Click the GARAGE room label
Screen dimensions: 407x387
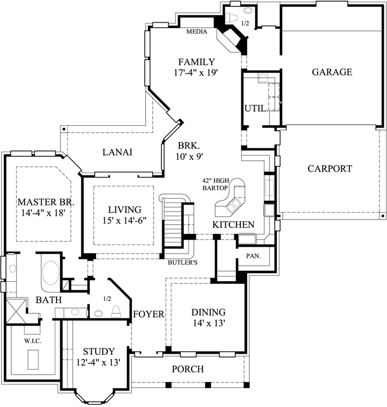pos(331,72)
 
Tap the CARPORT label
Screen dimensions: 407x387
pos(329,169)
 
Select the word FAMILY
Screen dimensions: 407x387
pos(196,62)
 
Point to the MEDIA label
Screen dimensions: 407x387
pos(196,32)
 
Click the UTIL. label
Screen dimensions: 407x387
pos(256,109)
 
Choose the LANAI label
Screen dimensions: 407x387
pos(117,152)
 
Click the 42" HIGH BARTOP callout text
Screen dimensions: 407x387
pos(215,184)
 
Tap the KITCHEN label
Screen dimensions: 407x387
pos(233,225)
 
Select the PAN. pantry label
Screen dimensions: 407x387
pos(253,256)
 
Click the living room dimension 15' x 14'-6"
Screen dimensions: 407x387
pos(120,220)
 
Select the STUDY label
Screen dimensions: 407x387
pos(99,352)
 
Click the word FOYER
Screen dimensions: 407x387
pos(148,314)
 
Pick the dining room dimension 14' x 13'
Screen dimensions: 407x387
pos(209,323)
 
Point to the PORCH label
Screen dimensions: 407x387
pos(187,369)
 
